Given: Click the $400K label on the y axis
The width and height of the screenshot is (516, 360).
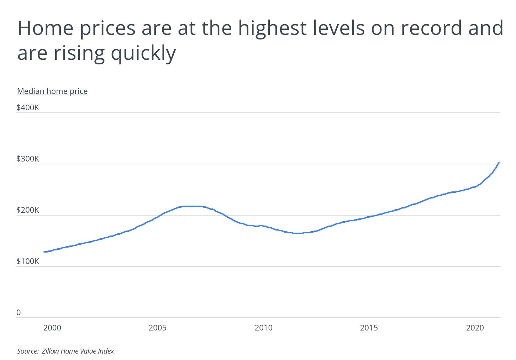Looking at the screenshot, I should pos(28,107).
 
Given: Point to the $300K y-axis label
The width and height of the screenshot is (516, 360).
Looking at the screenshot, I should pos(28,159).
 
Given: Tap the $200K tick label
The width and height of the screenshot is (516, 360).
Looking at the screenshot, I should pos(28,210).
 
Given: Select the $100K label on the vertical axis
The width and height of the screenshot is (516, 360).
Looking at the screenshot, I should pos(28,261).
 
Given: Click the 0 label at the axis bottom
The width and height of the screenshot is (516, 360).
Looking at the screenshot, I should pos(19,312).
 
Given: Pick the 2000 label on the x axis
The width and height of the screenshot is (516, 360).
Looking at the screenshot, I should pos(52,328).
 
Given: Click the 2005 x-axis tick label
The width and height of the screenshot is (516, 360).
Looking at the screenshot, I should pos(158,328).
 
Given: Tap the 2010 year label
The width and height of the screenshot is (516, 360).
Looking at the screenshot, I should pos(263,328).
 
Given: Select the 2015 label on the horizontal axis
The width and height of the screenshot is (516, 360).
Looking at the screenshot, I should pos(369,328).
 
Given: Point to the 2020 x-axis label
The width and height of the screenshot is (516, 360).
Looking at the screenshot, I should pos(475,328).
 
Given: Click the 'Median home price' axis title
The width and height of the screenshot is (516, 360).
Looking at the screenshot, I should pos(52,91).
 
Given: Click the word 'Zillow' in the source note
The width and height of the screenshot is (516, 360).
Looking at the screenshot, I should pos(51,351).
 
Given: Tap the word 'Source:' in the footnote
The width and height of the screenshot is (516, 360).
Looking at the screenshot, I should pos(28,351).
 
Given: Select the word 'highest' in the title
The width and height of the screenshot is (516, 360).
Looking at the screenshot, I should pos(272,28).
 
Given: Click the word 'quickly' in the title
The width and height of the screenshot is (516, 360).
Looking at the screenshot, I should pos(143,53).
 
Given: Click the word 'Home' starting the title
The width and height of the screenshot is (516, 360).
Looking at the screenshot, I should pos(46,28).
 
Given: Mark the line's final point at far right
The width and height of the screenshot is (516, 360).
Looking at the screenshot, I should pos(499,163).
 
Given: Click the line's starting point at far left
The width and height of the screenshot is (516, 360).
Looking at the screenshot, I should pos(44,252).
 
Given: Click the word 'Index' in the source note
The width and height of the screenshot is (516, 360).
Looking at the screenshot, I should pos(106,351).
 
